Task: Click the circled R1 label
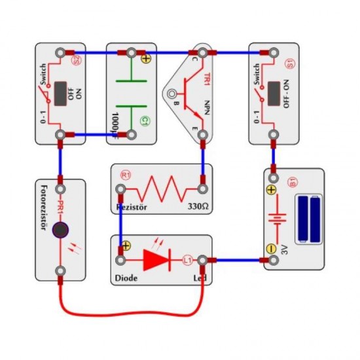[x=126, y=175]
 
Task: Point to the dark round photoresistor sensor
[x=60, y=230]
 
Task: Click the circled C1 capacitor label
[x=145, y=122]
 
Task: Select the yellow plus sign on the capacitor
[x=145, y=58]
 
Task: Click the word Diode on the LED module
[x=127, y=278]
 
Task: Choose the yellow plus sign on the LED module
[x=126, y=247]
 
